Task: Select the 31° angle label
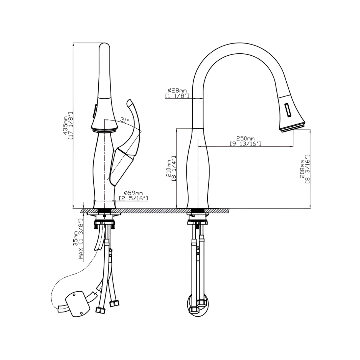pyautogui.click(x=125, y=120)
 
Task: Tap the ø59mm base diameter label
pyautogui.click(x=134, y=193)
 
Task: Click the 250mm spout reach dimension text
pyautogui.click(x=245, y=139)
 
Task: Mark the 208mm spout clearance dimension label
pyautogui.click(x=302, y=169)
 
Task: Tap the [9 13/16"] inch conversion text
pyautogui.click(x=245, y=144)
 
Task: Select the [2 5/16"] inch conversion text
pyautogui.click(x=134, y=198)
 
